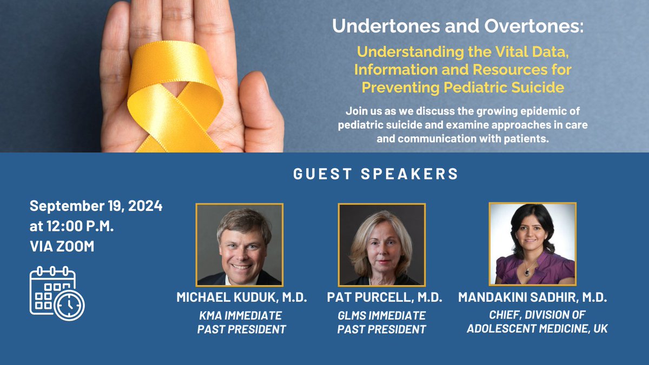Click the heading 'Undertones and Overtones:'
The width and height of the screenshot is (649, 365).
(459, 27)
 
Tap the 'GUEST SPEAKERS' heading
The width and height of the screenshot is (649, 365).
(375, 174)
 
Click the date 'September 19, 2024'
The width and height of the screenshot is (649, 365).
(96, 206)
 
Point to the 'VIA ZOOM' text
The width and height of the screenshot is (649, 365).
(62, 246)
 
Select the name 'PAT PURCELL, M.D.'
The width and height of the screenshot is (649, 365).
(385, 297)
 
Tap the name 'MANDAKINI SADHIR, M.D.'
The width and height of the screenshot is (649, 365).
(532, 297)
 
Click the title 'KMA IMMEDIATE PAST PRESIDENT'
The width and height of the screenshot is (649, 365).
(241, 322)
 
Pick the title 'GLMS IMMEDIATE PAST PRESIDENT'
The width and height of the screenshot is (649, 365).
(381, 322)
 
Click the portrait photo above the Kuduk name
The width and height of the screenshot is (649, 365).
(239, 244)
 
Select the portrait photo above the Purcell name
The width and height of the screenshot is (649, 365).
(382, 244)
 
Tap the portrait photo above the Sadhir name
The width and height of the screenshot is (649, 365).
(533, 244)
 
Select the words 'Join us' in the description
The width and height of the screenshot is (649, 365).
(362, 112)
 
